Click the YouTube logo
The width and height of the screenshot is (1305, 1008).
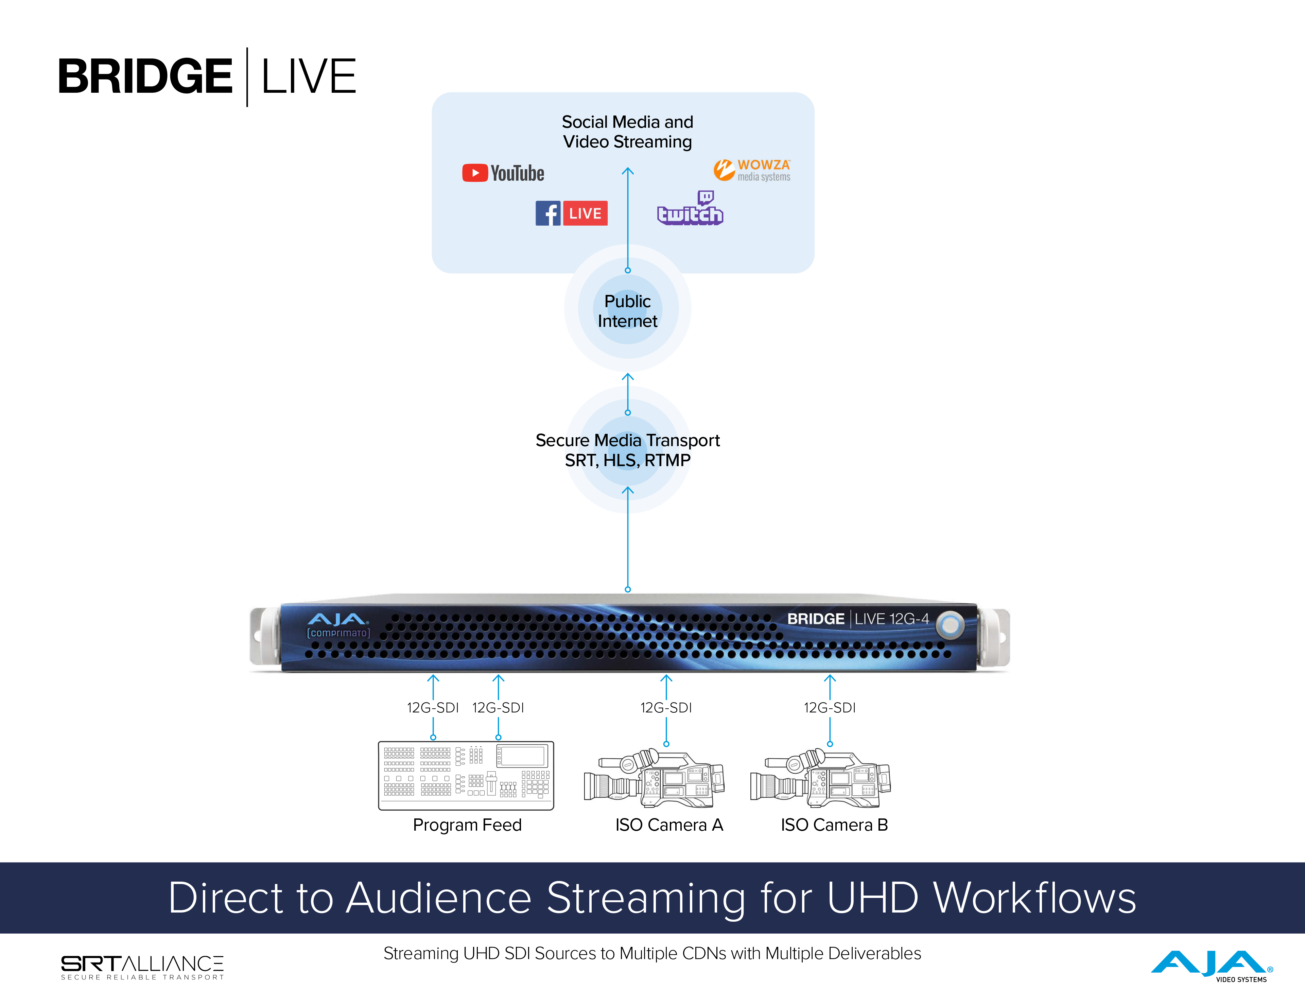503,173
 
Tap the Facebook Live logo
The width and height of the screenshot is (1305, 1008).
571,213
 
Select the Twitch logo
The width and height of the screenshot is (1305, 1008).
690,209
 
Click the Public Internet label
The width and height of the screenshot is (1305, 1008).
627,311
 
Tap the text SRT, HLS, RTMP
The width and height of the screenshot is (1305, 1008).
627,460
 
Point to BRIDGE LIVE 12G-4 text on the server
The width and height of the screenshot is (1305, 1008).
857,619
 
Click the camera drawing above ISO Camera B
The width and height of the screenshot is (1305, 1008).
820,779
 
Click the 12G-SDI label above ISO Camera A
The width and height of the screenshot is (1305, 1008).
666,707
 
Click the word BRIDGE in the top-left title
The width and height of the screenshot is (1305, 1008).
145,76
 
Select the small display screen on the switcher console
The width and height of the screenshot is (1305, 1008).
523,756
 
